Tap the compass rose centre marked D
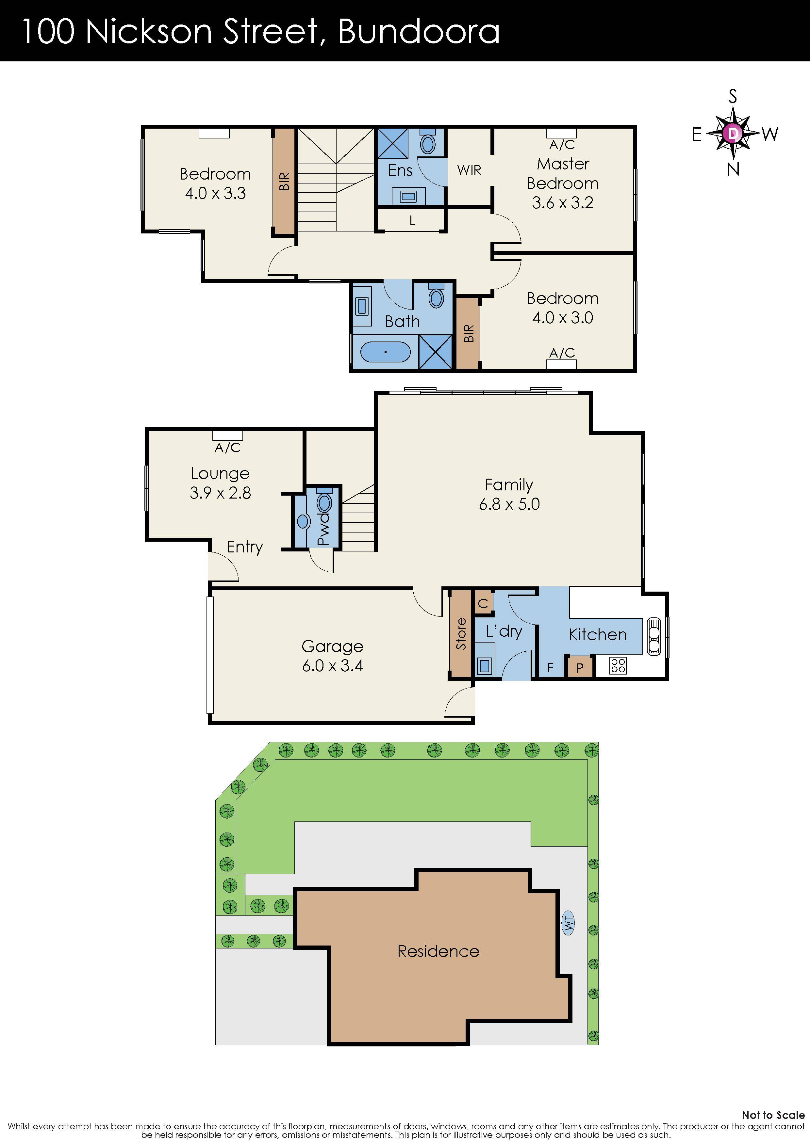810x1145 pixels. tap(733, 133)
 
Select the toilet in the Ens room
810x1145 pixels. tap(428, 143)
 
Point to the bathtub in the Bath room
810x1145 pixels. tap(385, 352)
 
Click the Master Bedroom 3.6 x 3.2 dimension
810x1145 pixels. tap(562, 202)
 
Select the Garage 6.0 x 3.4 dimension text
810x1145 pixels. tap(332, 665)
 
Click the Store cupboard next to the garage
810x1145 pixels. tap(461, 634)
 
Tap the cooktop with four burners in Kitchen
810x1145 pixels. tap(618, 665)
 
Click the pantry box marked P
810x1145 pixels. tap(580, 668)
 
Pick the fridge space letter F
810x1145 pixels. tap(550, 667)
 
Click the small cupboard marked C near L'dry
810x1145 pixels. tap(483, 603)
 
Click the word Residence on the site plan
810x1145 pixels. tap(438, 951)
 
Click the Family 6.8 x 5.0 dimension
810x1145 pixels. tap(509, 504)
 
